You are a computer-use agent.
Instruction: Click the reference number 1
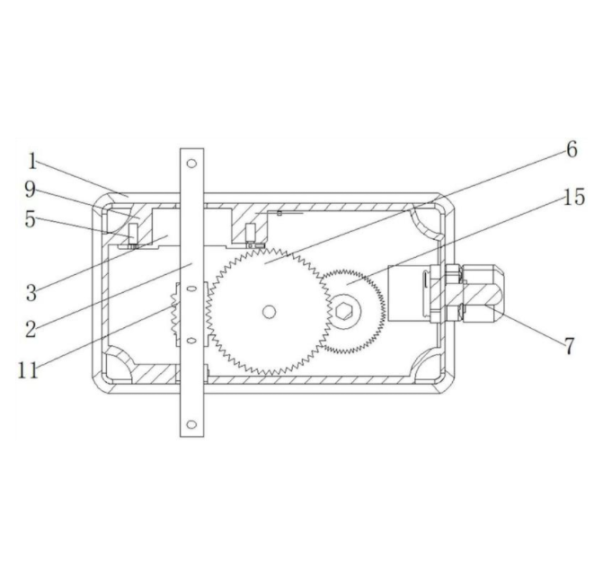point(32,161)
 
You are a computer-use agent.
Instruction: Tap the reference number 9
point(31,190)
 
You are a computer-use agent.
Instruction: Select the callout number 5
point(31,219)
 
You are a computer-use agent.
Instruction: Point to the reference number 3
point(31,293)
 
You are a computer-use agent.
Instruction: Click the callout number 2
point(31,329)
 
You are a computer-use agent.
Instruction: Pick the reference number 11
point(28,370)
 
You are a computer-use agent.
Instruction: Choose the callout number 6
point(572,149)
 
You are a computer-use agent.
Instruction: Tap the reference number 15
point(574,197)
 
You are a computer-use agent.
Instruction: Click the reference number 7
point(570,345)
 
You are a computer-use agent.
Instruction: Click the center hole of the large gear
point(270,312)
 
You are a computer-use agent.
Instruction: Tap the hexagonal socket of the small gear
point(343,311)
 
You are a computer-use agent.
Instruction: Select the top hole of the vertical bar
point(191,164)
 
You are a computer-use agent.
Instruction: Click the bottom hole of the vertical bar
point(191,425)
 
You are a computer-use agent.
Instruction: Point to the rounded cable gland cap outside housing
point(483,293)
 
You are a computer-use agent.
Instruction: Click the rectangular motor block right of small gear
point(408,293)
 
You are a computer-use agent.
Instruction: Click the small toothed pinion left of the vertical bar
point(174,315)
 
